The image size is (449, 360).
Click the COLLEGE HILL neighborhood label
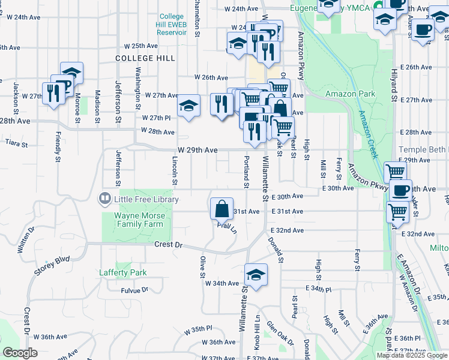[146, 58]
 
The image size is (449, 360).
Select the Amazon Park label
[350, 94]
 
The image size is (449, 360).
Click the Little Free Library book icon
[105, 199]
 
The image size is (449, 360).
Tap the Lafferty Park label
[122, 272]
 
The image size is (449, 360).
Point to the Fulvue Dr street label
[134, 290]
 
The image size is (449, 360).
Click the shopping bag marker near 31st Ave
[222, 209]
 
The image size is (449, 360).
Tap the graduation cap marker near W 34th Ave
[256, 275]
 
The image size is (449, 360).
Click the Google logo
[20, 353]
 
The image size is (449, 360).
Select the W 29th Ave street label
[197, 149]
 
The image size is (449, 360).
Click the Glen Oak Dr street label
[280, 332]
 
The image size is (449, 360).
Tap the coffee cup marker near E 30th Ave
[401, 191]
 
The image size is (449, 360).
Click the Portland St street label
[246, 171]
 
